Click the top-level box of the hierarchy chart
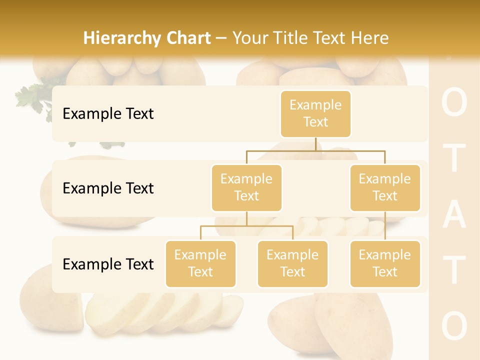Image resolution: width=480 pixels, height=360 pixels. (315, 113)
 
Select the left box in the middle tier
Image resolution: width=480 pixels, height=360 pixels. (246, 187)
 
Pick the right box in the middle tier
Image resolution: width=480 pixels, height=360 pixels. (385, 187)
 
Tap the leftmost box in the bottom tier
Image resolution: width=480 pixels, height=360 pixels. (200, 263)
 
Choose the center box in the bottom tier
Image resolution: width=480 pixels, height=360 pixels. (292, 263)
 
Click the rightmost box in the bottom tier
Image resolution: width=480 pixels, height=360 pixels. (385, 263)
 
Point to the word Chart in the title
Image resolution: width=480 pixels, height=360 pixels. (187, 38)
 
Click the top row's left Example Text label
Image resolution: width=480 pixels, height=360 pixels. (108, 113)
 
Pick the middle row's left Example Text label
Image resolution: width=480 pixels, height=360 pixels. (108, 188)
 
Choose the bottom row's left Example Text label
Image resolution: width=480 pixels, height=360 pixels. (108, 264)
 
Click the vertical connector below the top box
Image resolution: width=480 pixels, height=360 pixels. (315, 143)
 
